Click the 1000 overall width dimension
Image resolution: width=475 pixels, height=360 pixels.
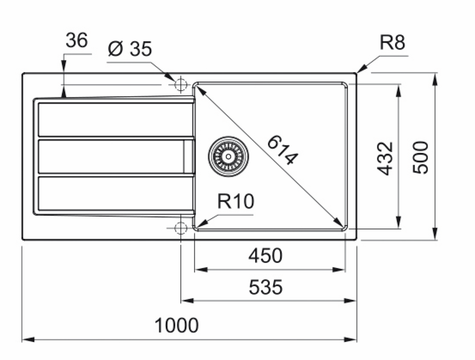176,325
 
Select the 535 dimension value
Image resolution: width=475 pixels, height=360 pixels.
265,287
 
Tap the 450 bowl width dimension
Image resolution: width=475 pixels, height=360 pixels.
265,256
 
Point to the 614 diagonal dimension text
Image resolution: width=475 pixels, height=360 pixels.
282,150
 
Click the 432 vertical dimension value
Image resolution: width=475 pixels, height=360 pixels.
385,158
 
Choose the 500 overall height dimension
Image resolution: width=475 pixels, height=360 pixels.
421,157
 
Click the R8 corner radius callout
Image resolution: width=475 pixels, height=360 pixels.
392,43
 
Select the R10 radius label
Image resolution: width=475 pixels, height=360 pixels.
236,202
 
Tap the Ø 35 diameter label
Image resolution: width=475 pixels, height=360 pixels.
130,49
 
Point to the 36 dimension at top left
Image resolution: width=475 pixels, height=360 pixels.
76,41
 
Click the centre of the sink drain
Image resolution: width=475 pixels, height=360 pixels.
228,156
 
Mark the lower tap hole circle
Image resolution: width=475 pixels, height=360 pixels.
180,228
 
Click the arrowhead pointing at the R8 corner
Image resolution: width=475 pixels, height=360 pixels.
360,70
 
